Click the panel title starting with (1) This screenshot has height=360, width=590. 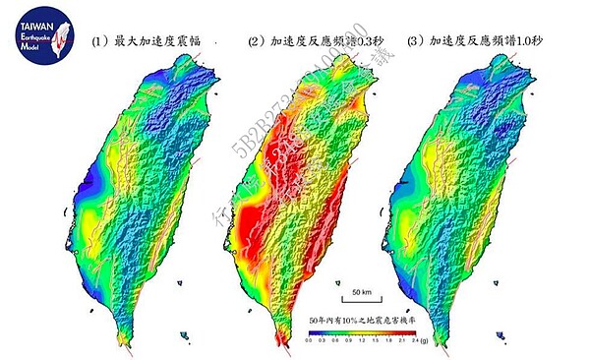[147, 42]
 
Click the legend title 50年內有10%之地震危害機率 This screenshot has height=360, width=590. [360, 320]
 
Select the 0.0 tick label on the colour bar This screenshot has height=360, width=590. [309, 339]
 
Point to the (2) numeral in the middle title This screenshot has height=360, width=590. [255, 42]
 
